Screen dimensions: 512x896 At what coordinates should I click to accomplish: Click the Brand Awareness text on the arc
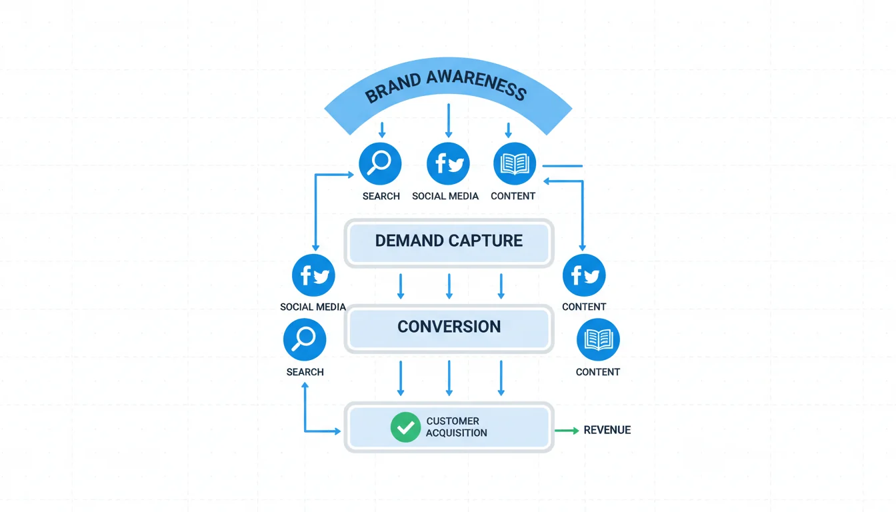[x=446, y=85]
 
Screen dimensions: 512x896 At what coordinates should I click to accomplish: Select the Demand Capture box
[x=449, y=241]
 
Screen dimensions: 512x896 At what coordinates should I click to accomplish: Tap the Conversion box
[x=449, y=327]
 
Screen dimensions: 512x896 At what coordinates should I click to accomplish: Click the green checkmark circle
[x=405, y=427]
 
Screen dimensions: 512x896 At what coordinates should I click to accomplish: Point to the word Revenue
[x=607, y=430]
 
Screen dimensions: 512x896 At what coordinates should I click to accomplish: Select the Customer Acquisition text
[x=457, y=427]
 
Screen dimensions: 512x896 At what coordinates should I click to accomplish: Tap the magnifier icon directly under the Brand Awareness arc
[x=380, y=163]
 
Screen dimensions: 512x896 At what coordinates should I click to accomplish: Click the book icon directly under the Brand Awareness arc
[x=514, y=163]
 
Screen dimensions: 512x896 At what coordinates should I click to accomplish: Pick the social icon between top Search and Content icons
[x=447, y=163]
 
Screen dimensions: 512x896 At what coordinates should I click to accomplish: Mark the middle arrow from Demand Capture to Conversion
[x=449, y=286]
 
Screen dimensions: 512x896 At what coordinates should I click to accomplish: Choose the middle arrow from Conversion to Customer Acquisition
[x=449, y=378]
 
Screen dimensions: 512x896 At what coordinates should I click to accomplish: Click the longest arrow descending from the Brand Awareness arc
[x=449, y=121]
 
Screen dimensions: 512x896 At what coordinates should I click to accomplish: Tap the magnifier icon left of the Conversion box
[x=305, y=339]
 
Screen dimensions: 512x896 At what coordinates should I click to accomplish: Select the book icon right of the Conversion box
[x=598, y=339]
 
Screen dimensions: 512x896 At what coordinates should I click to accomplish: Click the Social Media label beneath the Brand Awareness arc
[x=445, y=196]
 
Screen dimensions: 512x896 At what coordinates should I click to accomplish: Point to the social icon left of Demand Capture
[x=313, y=275]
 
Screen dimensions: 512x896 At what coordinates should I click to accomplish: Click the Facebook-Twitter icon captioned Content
[x=584, y=275]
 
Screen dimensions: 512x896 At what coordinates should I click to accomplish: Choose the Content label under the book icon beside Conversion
[x=598, y=372]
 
